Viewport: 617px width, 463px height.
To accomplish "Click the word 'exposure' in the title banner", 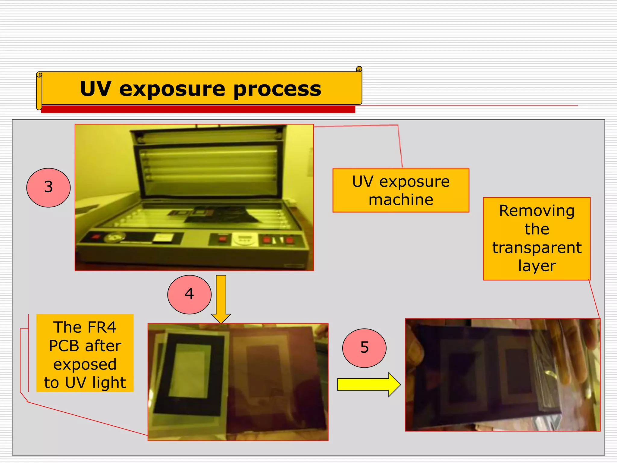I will pyautogui.click(x=172, y=89).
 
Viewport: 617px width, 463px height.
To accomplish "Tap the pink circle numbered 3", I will pyautogui.click(x=49, y=187).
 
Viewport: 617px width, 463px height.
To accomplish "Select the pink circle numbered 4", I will pyautogui.click(x=189, y=294).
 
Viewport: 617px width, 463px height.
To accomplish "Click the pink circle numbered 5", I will pyautogui.click(x=364, y=348).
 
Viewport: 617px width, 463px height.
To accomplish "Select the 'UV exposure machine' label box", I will pyautogui.click(x=401, y=191).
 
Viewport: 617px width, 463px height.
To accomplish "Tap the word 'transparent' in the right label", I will pyautogui.click(x=537, y=248).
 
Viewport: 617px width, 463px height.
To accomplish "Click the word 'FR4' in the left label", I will pyautogui.click(x=101, y=327).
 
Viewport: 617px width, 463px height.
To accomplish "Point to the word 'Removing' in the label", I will pyautogui.click(x=537, y=210).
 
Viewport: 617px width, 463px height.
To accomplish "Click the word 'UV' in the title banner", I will pyautogui.click(x=96, y=89).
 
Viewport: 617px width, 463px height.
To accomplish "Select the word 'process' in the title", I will pyautogui.click(x=277, y=89).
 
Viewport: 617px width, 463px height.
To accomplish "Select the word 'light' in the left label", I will pyautogui.click(x=109, y=383).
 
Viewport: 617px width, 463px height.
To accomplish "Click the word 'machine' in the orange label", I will pyautogui.click(x=401, y=200).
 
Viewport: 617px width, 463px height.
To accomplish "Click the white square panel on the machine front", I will pyautogui.click(x=163, y=238).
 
